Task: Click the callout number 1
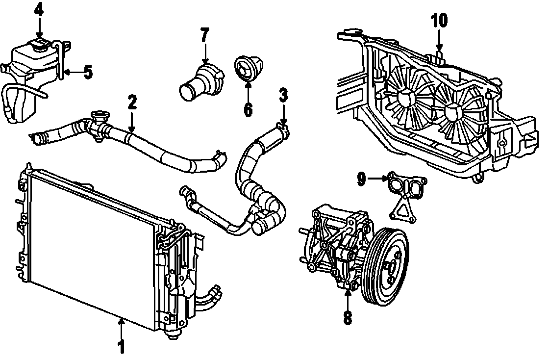click(x=121, y=346)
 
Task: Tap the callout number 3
click(x=283, y=95)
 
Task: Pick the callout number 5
click(x=88, y=72)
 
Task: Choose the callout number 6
click(x=248, y=109)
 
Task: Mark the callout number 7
click(x=204, y=35)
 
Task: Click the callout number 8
click(x=347, y=318)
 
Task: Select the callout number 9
click(x=361, y=180)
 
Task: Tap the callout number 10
click(x=439, y=21)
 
